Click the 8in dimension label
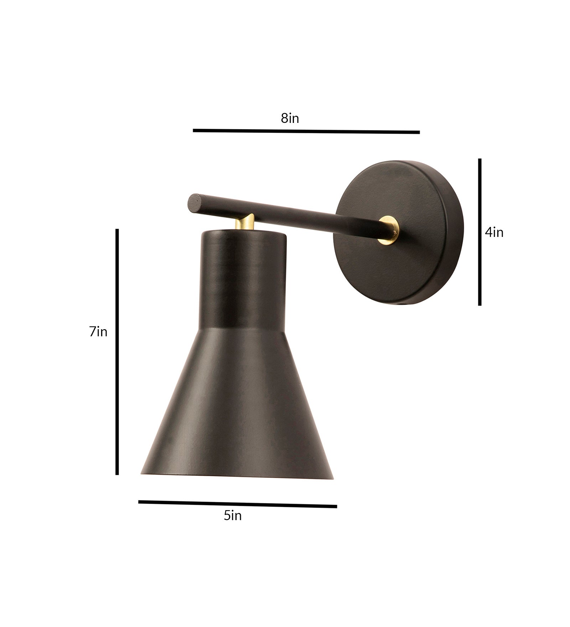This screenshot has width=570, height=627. (x=290, y=118)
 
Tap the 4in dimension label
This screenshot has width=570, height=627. (x=494, y=233)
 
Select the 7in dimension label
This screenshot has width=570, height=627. (x=98, y=332)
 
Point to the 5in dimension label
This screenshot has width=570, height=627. (x=233, y=515)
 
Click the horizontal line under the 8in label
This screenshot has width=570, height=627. (x=306, y=131)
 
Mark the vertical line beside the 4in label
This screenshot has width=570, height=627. (x=480, y=232)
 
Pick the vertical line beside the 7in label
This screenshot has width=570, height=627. (x=117, y=351)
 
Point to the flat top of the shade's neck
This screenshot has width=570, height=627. (x=243, y=233)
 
